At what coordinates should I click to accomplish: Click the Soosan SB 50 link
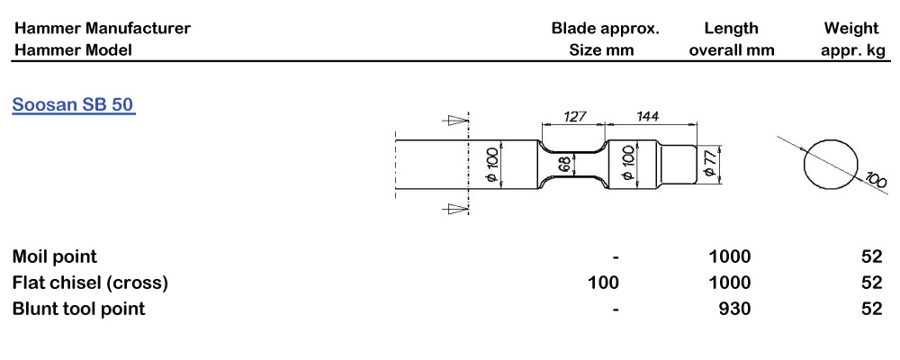click(74, 104)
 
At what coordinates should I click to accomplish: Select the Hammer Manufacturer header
click(102, 28)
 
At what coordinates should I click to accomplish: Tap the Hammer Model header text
click(72, 49)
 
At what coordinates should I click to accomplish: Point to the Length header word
click(731, 28)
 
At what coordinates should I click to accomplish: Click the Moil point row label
click(55, 256)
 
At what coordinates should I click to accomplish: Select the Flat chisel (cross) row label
click(90, 283)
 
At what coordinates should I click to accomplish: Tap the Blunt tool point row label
click(78, 309)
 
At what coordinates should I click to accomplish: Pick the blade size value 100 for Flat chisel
click(602, 283)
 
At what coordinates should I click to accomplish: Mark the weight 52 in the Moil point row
click(871, 256)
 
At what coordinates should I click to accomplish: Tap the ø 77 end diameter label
click(709, 164)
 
